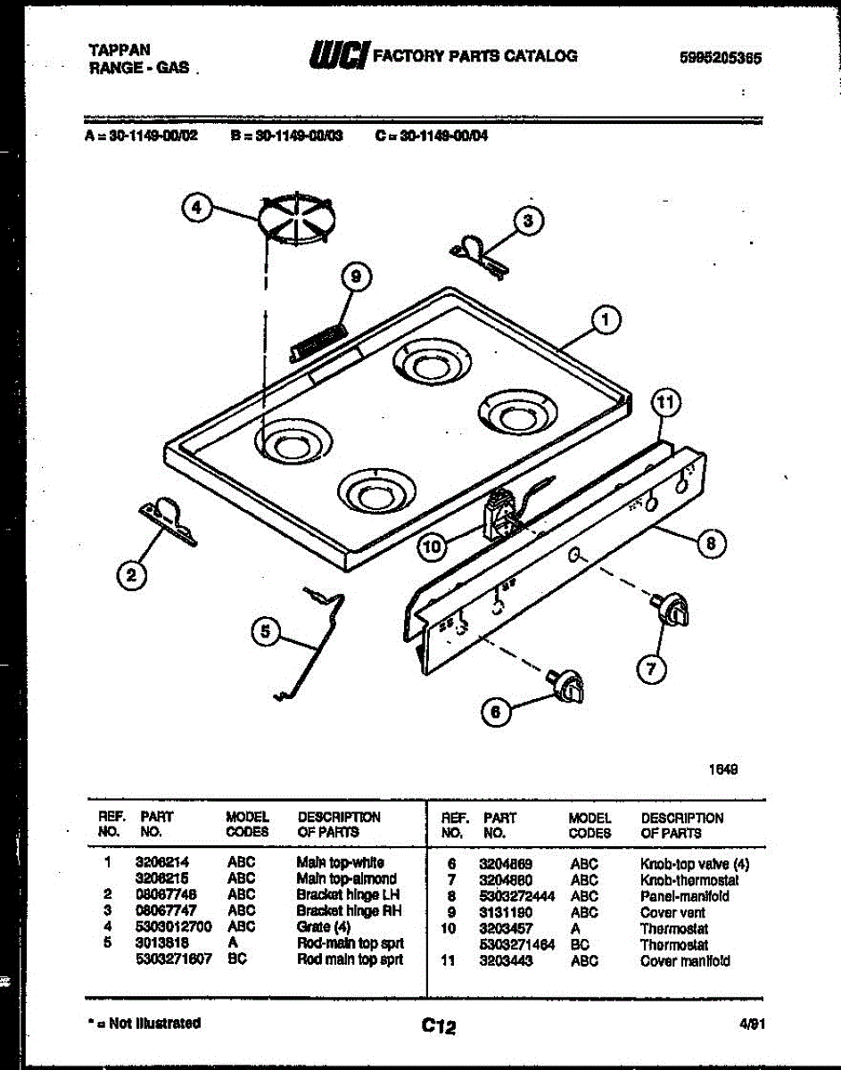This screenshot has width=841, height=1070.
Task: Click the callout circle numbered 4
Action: pos(197,209)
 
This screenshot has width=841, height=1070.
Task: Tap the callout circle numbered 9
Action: pos(355,278)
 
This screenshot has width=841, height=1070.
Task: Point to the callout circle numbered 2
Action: pos(132,577)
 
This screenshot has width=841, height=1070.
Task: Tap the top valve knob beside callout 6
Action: pos(567,685)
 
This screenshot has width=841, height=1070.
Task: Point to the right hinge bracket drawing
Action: pos(480,252)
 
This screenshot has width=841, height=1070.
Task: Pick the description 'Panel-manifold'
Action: pos(684,896)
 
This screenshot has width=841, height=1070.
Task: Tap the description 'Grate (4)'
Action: pos(324,926)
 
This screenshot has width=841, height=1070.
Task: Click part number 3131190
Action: pos(505,912)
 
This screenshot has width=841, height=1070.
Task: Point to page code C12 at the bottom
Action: pos(438,1027)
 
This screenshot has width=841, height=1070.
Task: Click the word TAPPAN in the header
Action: pos(120,50)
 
